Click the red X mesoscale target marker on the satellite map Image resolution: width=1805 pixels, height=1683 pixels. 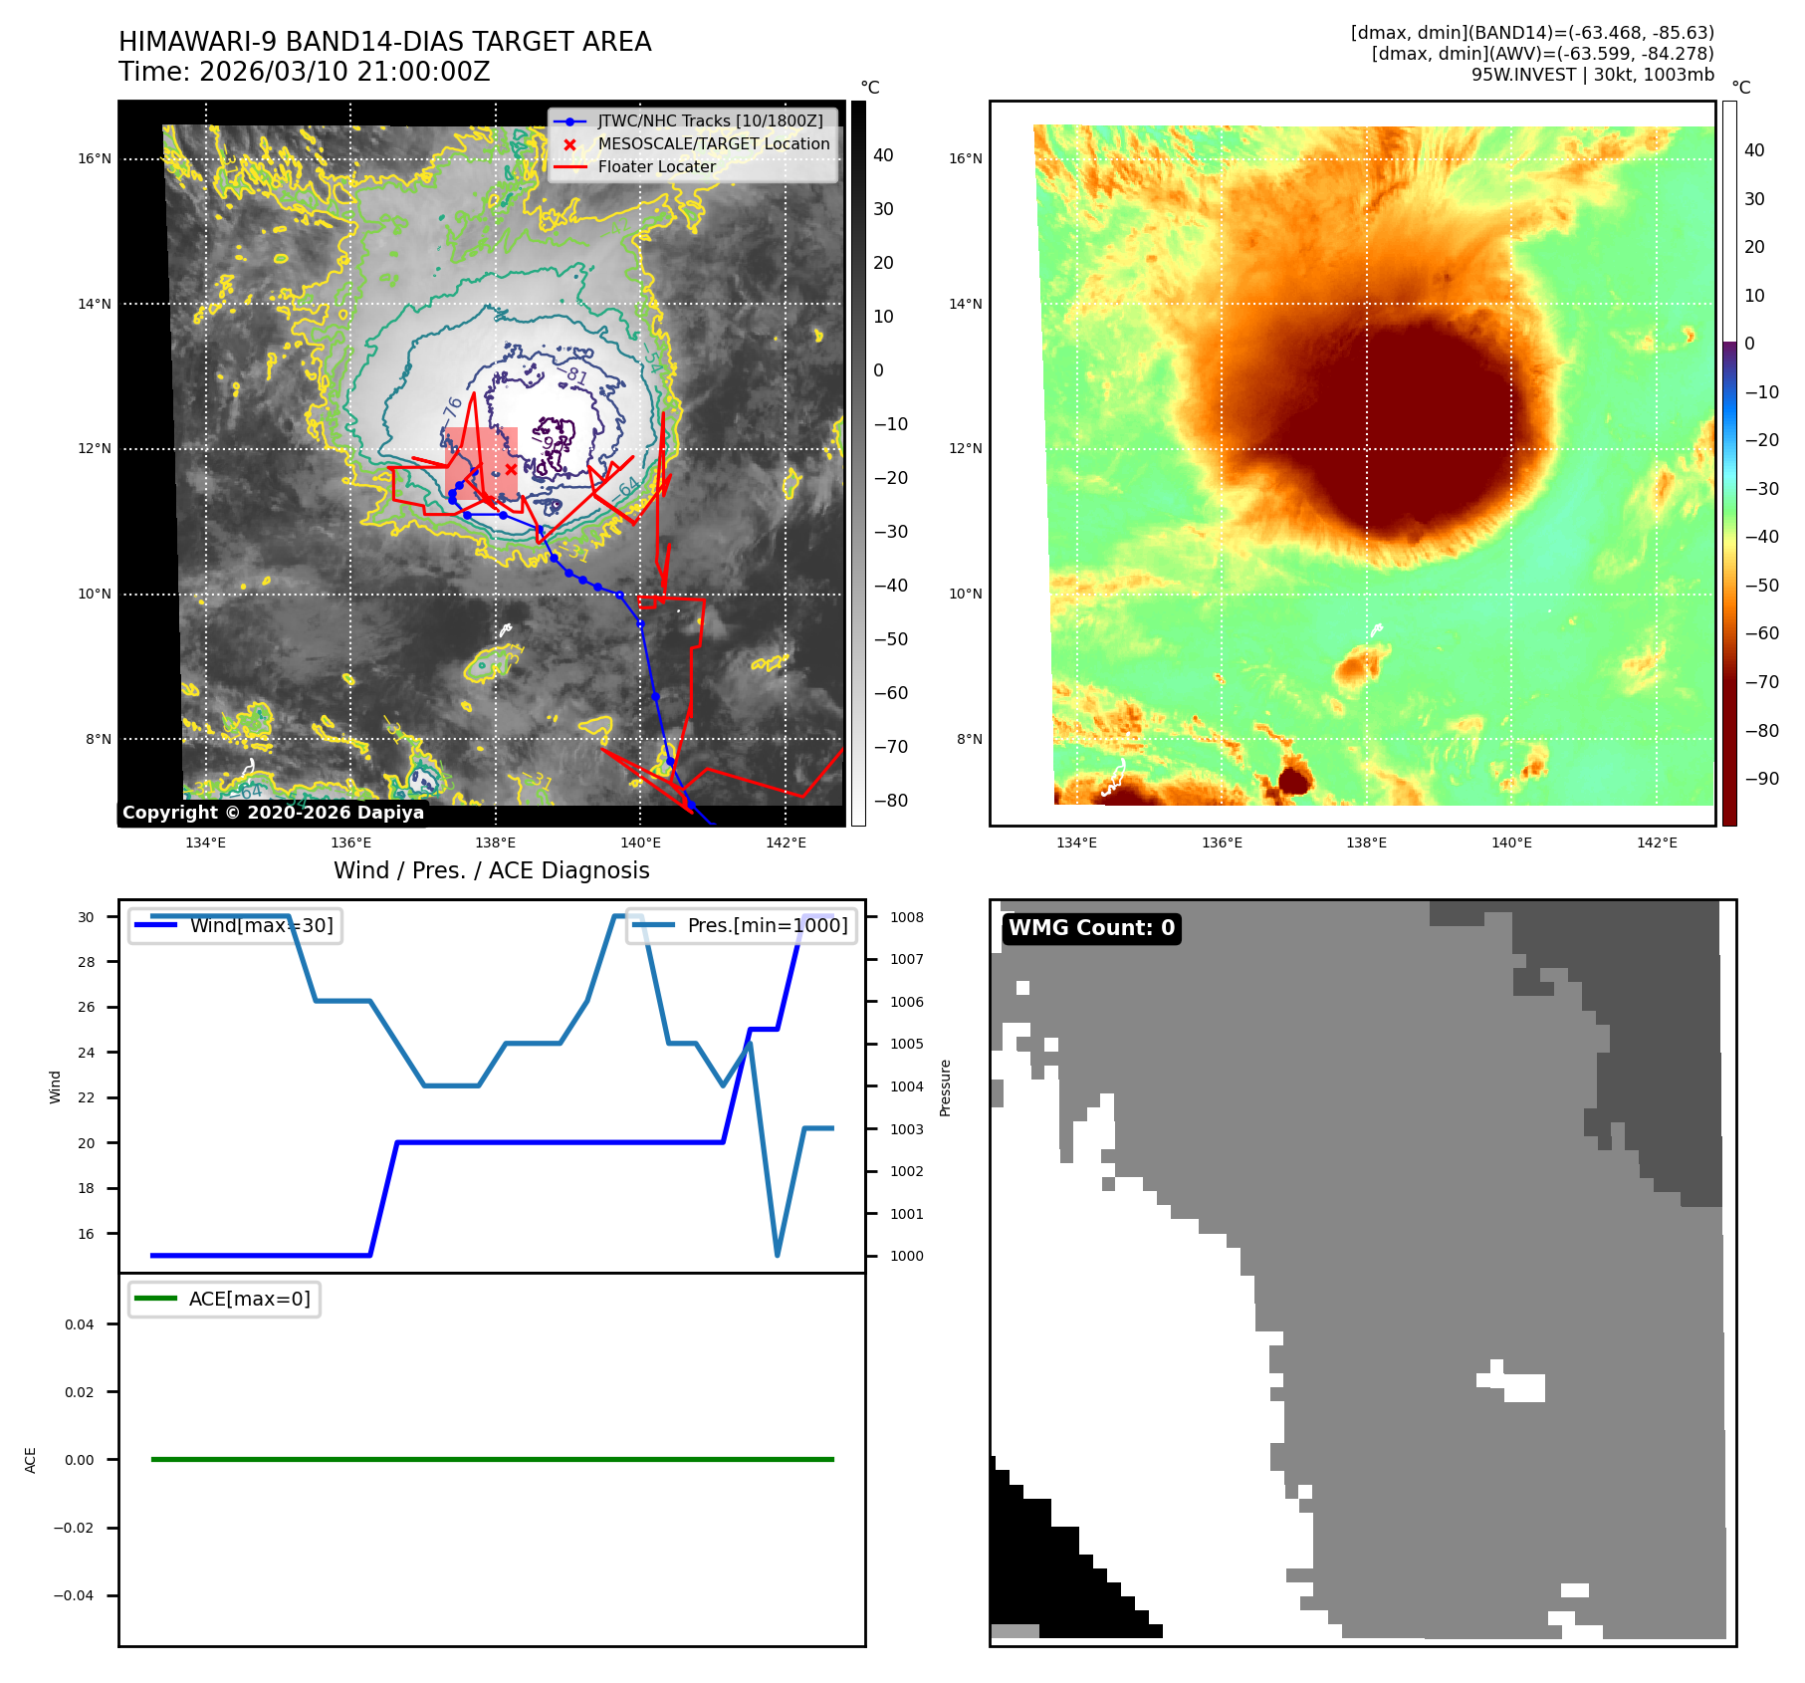click(x=511, y=469)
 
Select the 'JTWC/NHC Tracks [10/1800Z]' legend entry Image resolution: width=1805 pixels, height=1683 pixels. click(x=710, y=120)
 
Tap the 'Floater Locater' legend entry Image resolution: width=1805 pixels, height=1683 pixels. click(x=656, y=166)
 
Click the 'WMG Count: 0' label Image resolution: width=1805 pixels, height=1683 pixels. click(x=1091, y=928)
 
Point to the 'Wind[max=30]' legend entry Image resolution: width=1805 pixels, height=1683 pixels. click(x=261, y=925)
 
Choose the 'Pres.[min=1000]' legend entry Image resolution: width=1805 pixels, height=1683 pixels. click(x=767, y=925)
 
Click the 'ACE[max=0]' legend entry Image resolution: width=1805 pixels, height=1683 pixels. click(x=249, y=1299)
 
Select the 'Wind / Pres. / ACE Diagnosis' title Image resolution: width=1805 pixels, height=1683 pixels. click(x=491, y=870)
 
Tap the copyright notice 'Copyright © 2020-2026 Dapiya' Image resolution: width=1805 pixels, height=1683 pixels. click(x=273, y=813)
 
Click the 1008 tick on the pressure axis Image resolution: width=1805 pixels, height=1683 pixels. click(x=906, y=917)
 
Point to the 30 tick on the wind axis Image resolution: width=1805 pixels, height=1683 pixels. click(x=87, y=917)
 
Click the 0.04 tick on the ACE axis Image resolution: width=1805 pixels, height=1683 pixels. click(x=80, y=1324)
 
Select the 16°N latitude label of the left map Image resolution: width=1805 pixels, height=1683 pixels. click(x=96, y=158)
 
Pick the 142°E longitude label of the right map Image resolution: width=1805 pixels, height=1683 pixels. click(x=1657, y=842)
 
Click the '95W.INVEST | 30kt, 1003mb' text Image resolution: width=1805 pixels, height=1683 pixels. click(x=1592, y=75)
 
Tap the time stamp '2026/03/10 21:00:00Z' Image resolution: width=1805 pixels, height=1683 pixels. click(x=344, y=72)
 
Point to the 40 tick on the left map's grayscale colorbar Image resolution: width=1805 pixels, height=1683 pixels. click(x=883, y=155)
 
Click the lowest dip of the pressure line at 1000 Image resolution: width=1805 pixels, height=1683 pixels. click(x=777, y=1255)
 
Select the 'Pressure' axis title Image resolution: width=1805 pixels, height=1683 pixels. click(x=946, y=1087)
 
